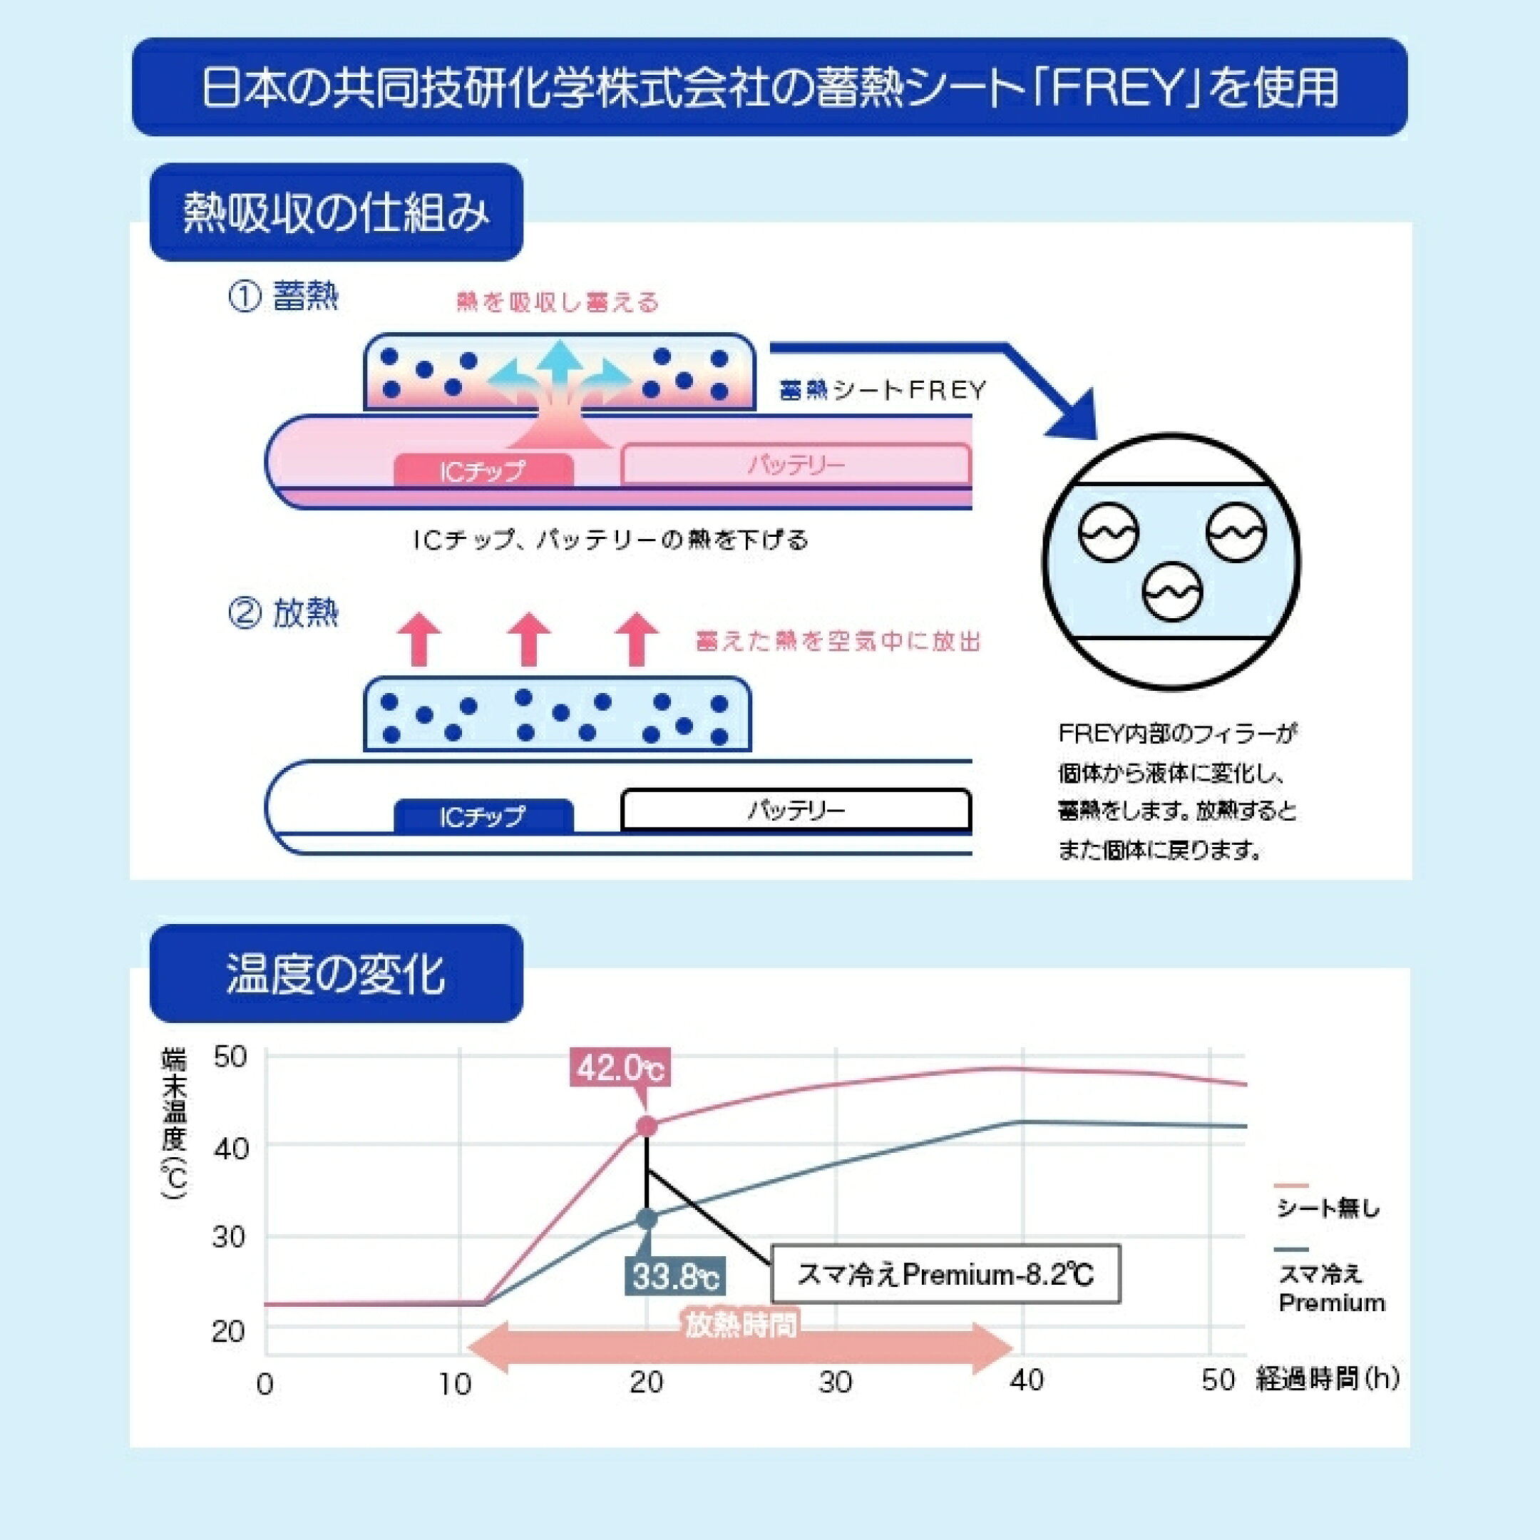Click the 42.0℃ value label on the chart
[620, 1067]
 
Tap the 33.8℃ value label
[674, 1276]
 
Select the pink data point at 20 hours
[647, 1126]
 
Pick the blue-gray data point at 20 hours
[647, 1218]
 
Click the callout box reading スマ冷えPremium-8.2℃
[945, 1274]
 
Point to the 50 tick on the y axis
[230, 1057]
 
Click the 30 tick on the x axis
[836, 1382]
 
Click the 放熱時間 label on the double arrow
[741, 1325]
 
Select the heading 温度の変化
[336, 973]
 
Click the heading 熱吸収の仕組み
[336, 213]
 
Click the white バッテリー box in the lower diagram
[796, 810]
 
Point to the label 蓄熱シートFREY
[883, 390]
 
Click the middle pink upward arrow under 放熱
[529, 639]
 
